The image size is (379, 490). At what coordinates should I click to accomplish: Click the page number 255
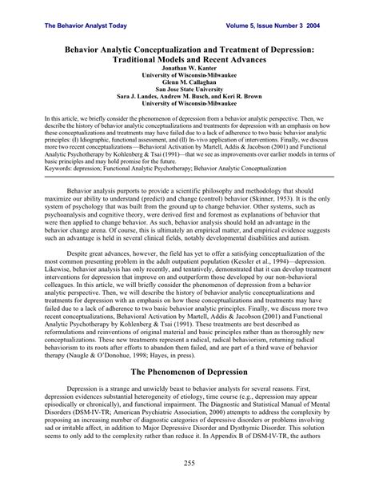pos(189,464)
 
